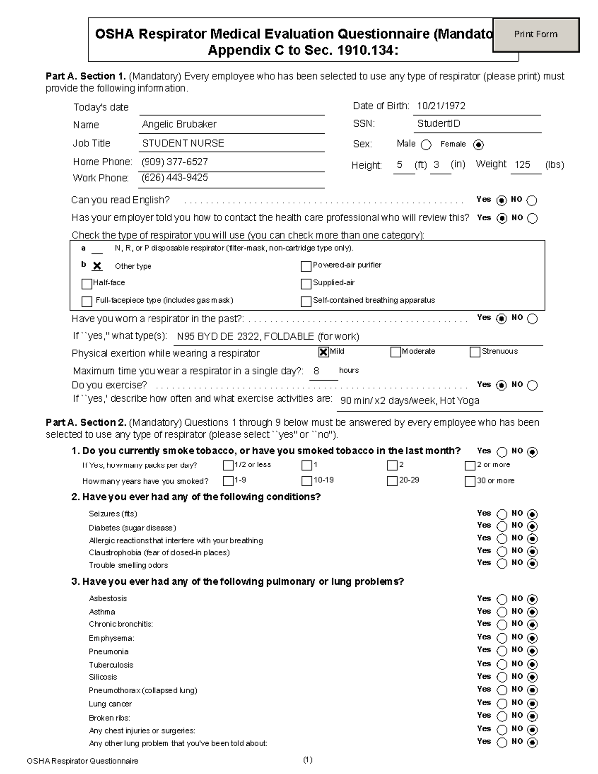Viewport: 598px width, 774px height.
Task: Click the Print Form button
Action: point(536,35)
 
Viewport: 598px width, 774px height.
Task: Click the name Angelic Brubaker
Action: point(179,124)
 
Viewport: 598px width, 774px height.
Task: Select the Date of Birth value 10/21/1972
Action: point(441,106)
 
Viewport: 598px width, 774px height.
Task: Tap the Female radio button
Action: point(478,145)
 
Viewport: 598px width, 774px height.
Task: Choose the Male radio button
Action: point(426,145)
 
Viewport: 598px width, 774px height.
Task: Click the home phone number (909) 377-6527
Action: point(174,162)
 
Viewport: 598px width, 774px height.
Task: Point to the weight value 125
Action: point(522,165)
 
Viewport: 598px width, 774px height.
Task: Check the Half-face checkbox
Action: point(87,284)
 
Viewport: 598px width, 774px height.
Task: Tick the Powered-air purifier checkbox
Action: point(306,266)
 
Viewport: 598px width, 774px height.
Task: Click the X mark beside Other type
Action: point(97,266)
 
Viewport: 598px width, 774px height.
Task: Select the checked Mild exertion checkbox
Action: point(324,352)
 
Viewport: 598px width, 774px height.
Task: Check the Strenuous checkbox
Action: point(475,352)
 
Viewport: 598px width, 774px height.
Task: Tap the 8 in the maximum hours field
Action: point(316,371)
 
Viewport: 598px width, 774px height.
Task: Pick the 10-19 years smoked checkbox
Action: point(307,481)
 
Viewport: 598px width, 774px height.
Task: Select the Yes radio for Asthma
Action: point(502,612)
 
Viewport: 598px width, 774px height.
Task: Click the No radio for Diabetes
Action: point(532,526)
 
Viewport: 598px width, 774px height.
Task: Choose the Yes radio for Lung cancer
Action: point(502,704)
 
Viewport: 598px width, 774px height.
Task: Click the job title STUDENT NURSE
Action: point(183,143)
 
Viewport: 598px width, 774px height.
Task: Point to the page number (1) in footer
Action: point(307,760)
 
